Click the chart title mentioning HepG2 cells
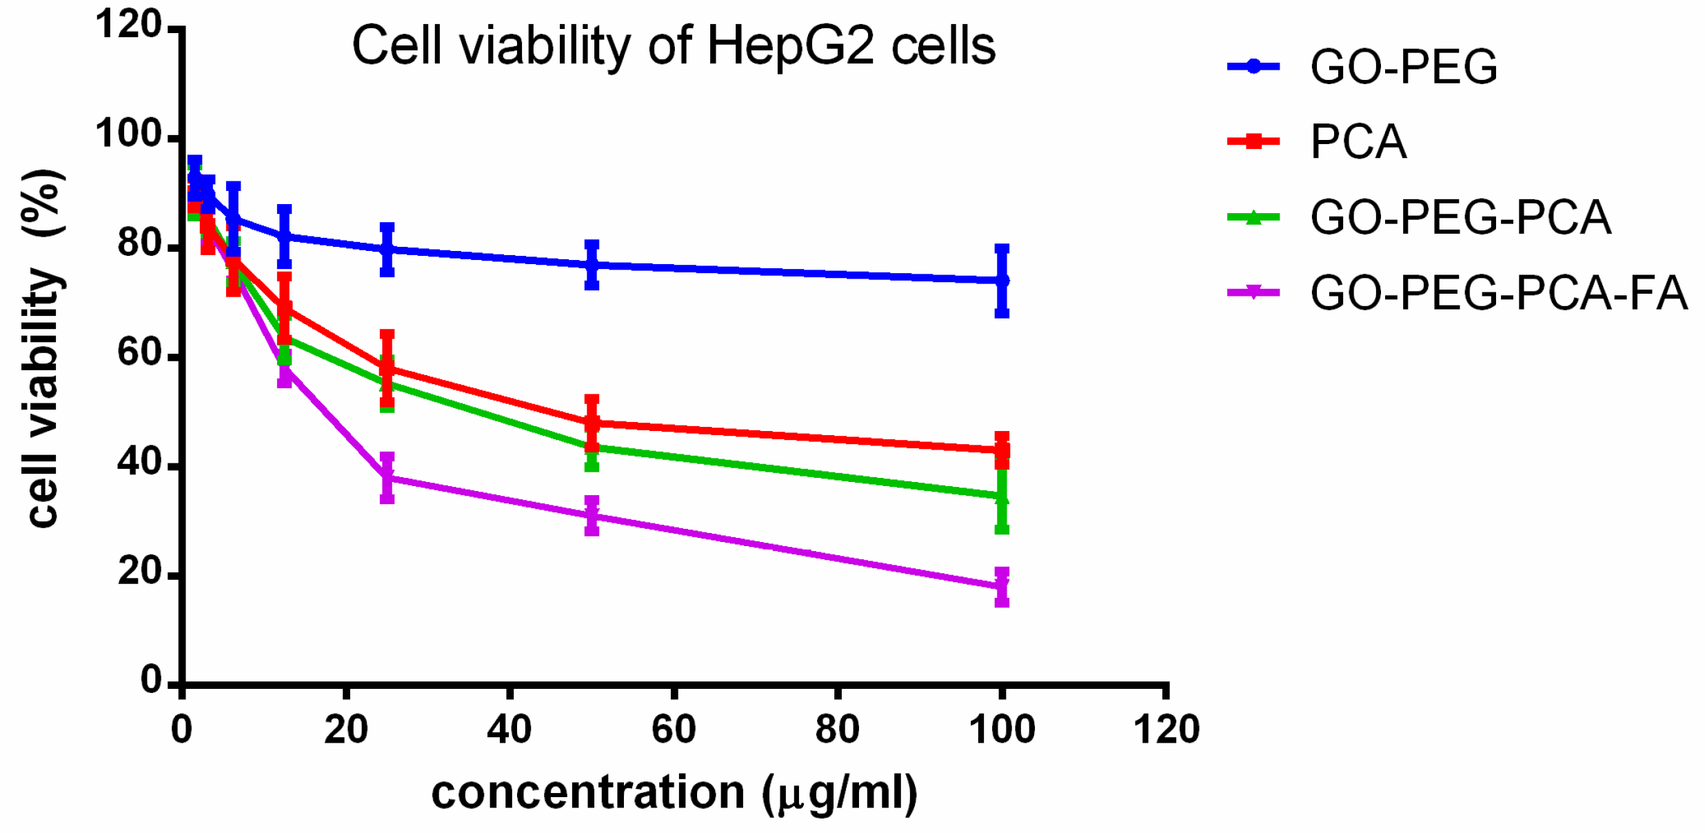674,46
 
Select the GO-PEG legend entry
1403,67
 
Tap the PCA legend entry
1358,142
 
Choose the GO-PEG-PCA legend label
1460,218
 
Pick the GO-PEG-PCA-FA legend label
1498,293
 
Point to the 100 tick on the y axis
129,134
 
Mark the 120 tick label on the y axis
129,25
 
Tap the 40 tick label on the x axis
509,730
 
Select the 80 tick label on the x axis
837,730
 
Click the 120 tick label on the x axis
1166,730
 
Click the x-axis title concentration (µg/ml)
674,792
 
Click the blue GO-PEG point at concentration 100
1002,281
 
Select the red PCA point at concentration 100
1002,450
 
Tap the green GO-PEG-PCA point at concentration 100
1002,496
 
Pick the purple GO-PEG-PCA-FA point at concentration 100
1002,586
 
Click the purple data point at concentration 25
387,477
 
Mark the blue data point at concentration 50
592,265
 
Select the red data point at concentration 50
592,423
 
